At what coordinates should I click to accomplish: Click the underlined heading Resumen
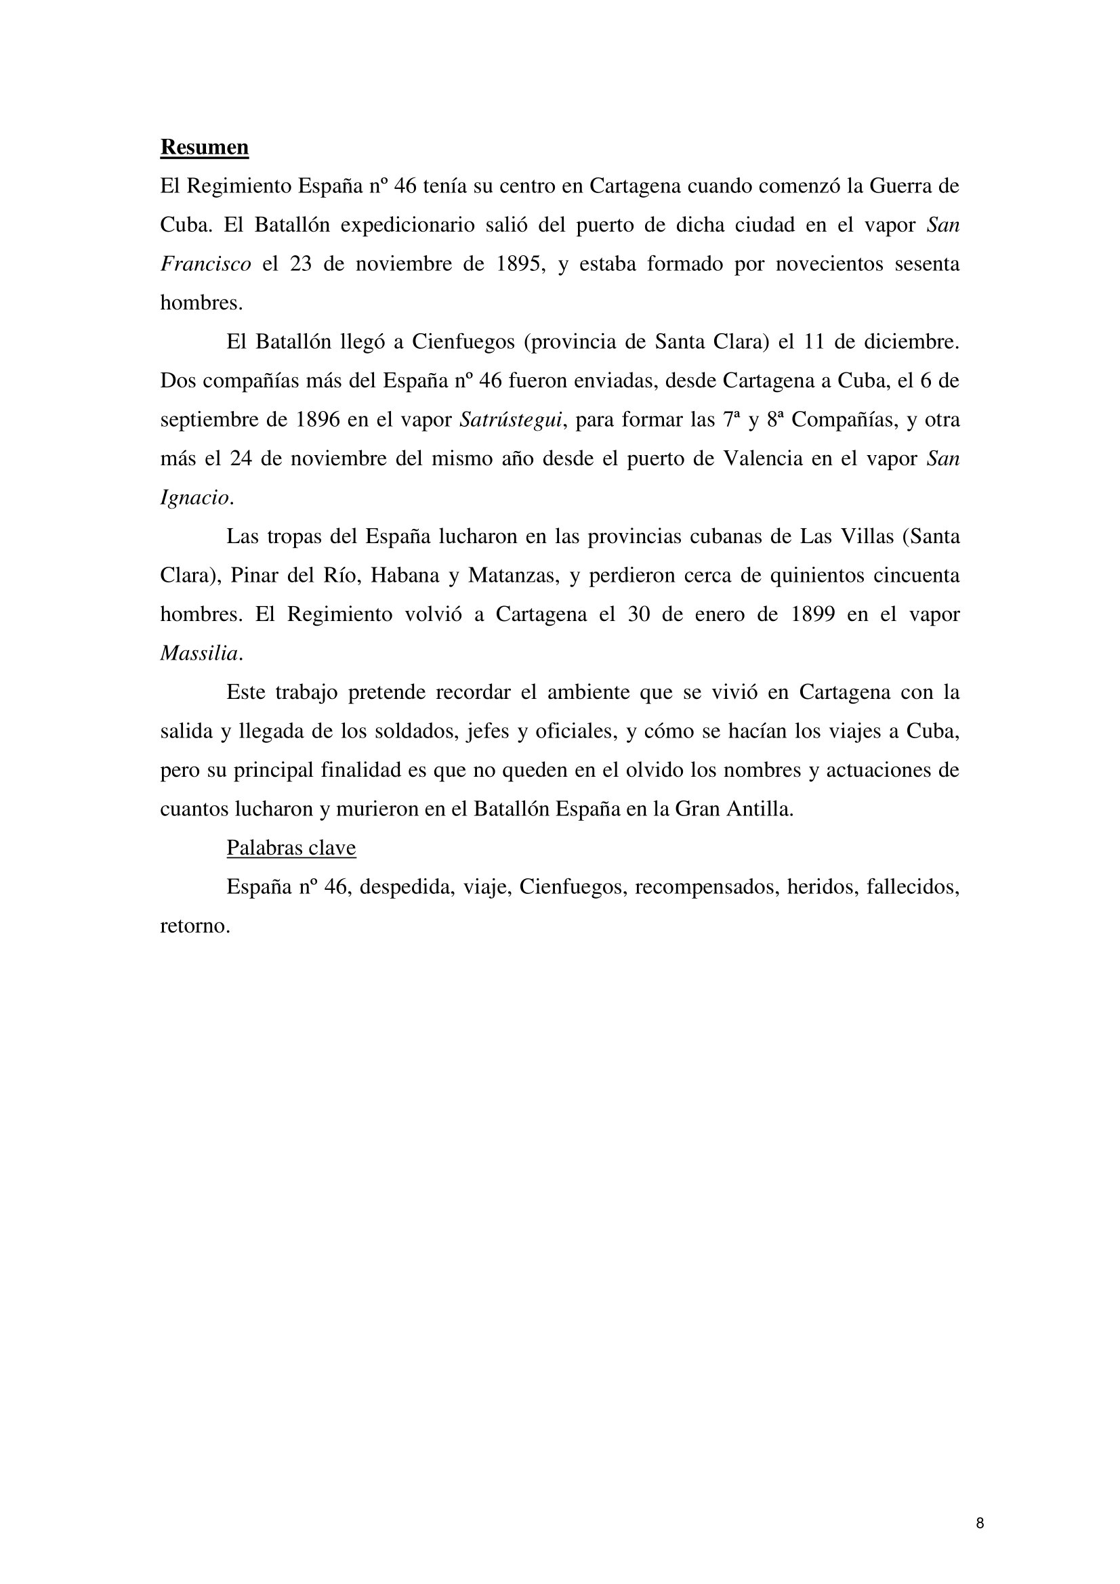(x=204, y=147)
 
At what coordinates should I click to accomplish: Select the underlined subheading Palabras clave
(x=291, y=848)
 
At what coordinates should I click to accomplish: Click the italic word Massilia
(x=199, y=654)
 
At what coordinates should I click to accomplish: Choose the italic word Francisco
(x=206, y=264)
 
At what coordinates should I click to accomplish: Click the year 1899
(x=813, y=615)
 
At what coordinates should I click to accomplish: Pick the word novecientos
(x=829, y=264)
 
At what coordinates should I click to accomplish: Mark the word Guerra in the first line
(x=894, y=186)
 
